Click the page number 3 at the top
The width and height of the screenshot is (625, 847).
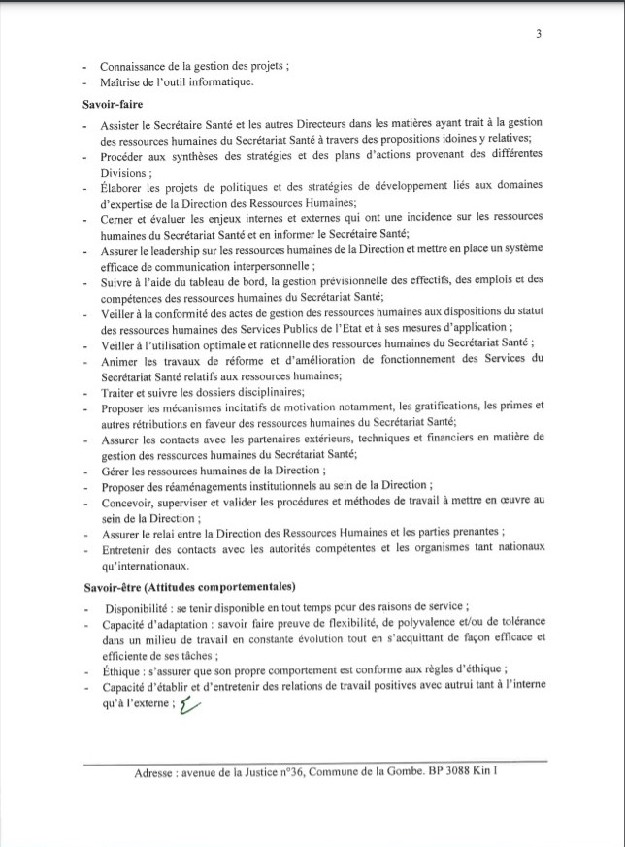(x=538, y=33)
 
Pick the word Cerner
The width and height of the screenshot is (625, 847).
(x=117, y=218)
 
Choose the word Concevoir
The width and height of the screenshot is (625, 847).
(x=127, y=502)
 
